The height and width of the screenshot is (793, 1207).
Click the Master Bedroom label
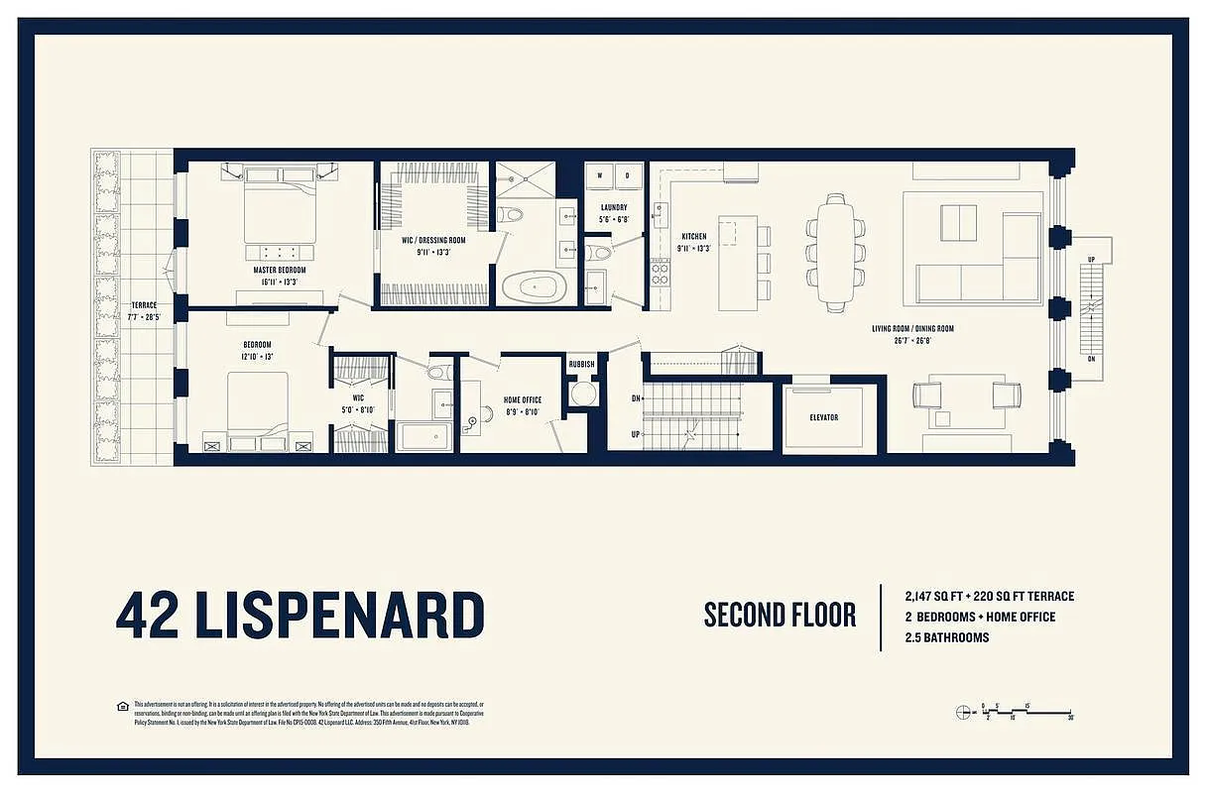pos(278,270)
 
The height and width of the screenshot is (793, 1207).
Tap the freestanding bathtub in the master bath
pos(533,289)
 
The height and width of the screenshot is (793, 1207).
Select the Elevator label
pos(823,417)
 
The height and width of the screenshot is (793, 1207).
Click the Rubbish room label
pos(581,364)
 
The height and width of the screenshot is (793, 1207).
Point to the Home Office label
pos(523,399)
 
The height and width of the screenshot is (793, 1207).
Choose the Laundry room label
pos(614,207)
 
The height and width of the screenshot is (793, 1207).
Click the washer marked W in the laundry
pos(600,176)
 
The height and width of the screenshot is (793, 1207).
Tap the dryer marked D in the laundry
pos(628,176)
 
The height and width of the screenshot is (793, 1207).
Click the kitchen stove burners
pos(660,272)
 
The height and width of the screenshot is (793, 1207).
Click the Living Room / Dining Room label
pos(898,328)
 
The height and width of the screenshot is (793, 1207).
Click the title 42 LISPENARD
pos(300,616)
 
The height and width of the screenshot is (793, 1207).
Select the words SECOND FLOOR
pos(780,615)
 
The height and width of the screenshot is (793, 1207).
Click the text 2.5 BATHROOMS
pos(946,637)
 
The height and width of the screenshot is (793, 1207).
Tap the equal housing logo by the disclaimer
pos(122,706)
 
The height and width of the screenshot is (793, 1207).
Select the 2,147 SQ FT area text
pos(943,596)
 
